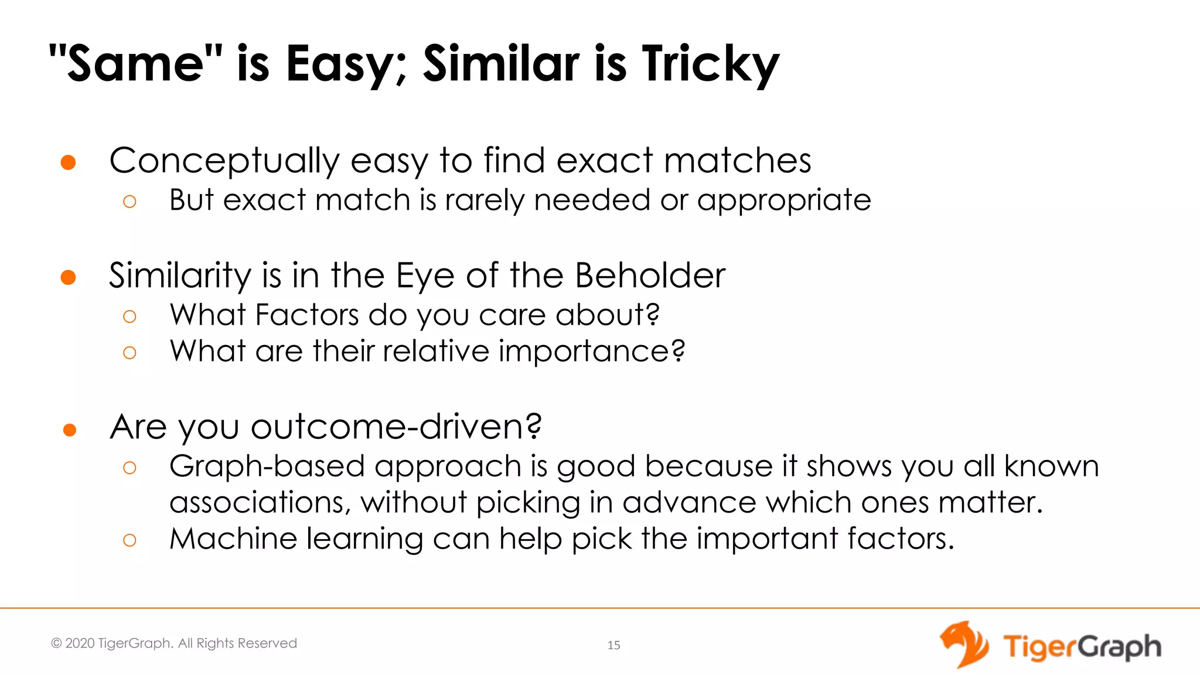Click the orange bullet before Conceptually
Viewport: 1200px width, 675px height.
pyautogui.click(x=69, y=162)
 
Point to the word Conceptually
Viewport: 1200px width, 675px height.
pyautogui.click(x=224, y=161)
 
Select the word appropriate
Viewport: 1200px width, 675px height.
pyautogui.click(x=783, y=200)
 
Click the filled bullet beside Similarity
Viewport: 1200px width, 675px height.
pyautogui.click(x=69, y=277)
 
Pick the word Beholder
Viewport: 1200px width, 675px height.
pyautogui.click(x=650, y=275)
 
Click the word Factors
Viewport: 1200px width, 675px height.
pyautogui.click(x=306, y=315)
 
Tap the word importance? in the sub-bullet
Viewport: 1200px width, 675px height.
pyautogui.click(x=591, y=351)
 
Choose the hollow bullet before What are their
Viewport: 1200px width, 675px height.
pyautogui.click(x=129, y=353)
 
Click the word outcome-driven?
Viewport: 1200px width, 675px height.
pyautogui.click(x=396, y=427)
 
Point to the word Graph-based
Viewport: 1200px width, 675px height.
pyautogui.click(x=267, y=466)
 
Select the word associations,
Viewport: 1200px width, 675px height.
pyautogui.click(x=260, y=503)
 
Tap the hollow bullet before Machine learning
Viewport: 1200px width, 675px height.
pyautogui.click(x=129, y=540)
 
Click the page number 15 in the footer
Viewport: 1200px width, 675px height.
pyautogui.click(x=613, y=645)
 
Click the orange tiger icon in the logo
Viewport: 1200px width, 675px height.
pyautogui.click(x=964, y=645)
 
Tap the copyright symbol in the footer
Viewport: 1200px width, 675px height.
pyautogui.click(x=56, y=643)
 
